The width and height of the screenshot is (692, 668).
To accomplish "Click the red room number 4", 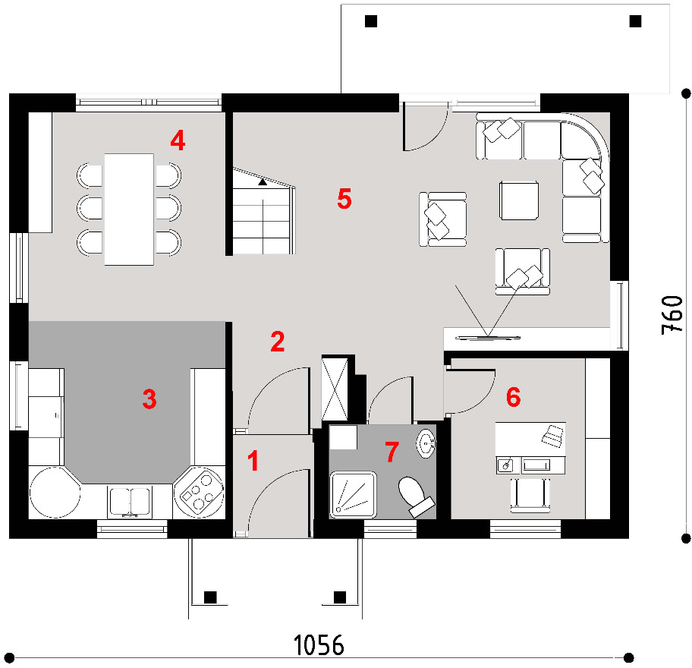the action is (178, 141).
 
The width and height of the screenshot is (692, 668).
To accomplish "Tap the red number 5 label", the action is (344, 198).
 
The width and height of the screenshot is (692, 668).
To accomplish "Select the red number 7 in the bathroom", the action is (392, 452).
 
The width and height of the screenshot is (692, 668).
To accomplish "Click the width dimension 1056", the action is (319, 645).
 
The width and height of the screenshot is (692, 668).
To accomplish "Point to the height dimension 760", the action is (672, 315).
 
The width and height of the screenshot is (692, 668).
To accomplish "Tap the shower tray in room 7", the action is (353, 494).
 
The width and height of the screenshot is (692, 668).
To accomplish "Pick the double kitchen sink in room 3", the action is (130, 502).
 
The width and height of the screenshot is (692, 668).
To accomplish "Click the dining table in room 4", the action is (129, 210).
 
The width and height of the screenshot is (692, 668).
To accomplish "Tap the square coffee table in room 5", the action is (519, 200).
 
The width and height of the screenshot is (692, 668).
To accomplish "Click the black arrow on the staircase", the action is (263, 181).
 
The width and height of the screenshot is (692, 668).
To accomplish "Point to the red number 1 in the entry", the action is (253, 461).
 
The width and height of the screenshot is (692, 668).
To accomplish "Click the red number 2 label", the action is (278, 342).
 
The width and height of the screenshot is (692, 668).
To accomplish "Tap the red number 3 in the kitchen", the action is (149, 399).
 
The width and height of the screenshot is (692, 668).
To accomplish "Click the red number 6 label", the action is (513, 396).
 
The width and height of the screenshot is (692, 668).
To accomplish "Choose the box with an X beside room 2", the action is (335, 389).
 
